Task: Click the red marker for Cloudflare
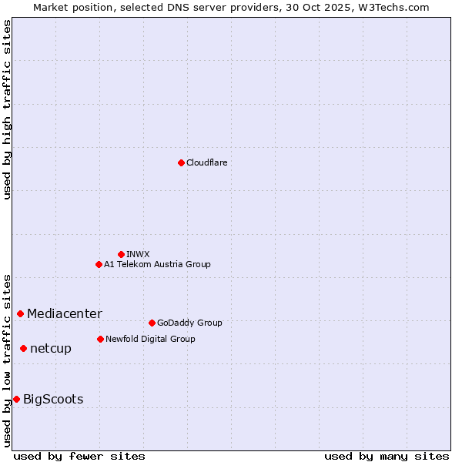pos(181,162)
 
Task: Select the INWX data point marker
pos(121,254)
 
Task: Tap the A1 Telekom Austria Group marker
pos(99,264)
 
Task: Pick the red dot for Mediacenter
pos(20,313)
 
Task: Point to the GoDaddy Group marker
pos(152,323)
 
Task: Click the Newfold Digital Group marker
pos(100,339)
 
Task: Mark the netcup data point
pos(23,348)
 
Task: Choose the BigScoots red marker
pos(16,399)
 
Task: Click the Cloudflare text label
pos(206,162)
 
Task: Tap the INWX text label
pos(138,254)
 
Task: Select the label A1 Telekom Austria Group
pos(157,264)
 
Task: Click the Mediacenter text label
pos(64,313)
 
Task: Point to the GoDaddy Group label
pos(189,323)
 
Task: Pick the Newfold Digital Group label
pos(150,339)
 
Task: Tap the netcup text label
pos(51,348)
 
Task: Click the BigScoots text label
pos(53,399)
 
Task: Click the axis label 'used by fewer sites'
pos(79,456)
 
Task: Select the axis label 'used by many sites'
pos(387,456)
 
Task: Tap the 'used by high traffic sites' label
pos(8,109)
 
